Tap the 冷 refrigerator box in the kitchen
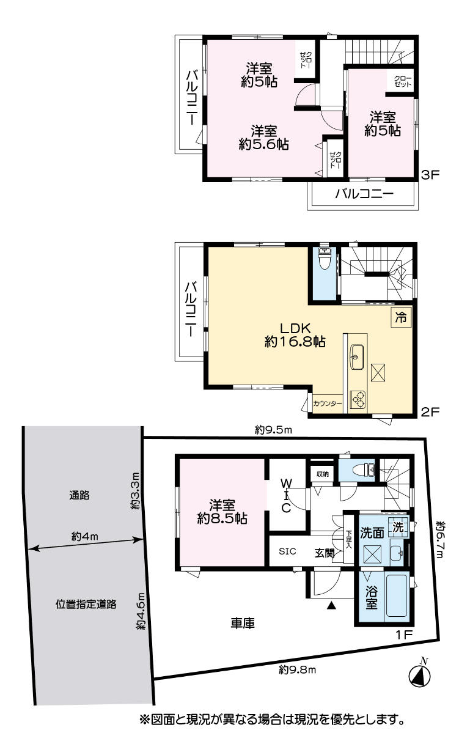pos(401,317)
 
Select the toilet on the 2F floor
pos(323,259)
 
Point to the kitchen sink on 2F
pos(357,357)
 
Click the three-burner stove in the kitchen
pos(358,400)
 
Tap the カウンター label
pos(327,403)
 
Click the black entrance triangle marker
pos(330,606)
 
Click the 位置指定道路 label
pos(86,604)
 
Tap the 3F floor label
pos(430,174)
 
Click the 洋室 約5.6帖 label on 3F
pos(263,138)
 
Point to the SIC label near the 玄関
pos(287,551)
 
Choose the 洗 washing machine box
pos(398,527)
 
